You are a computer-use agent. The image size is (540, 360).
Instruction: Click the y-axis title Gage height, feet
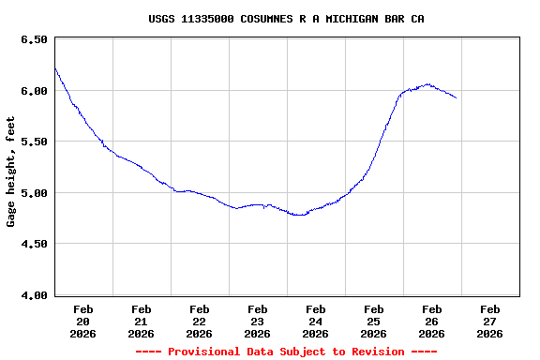pos(11,171)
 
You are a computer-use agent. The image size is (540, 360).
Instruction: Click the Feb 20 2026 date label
pos(83,321)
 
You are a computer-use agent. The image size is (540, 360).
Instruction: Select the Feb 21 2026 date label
pos(142,321)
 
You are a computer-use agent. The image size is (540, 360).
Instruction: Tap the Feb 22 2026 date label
pos(200,321)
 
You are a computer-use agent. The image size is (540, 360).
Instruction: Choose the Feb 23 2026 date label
pos(258,321)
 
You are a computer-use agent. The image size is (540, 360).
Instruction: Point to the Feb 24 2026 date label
pos(316,321)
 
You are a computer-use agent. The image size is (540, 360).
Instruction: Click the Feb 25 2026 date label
pos(374,321)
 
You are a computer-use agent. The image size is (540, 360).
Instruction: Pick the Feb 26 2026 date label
pos(432,321)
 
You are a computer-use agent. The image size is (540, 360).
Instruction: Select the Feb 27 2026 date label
pos(490,321)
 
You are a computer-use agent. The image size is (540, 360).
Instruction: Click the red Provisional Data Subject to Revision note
pos(286,352)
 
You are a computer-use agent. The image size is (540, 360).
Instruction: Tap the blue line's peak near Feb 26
pos(427,83)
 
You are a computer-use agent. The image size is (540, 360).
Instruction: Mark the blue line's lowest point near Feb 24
pos(299,215)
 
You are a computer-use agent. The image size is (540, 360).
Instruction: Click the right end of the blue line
pos(456,97)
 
